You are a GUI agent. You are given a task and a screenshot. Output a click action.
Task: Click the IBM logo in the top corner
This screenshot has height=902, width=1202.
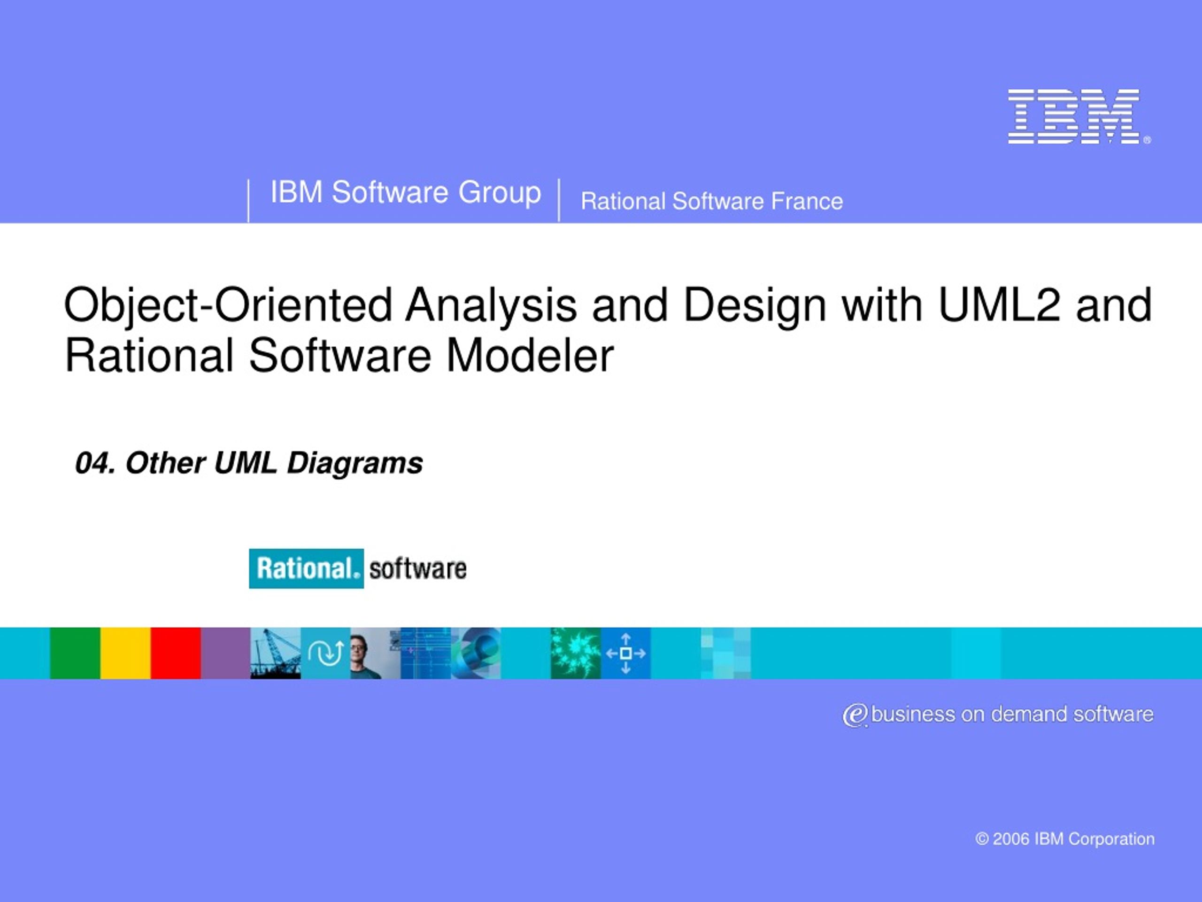pos(1079,117)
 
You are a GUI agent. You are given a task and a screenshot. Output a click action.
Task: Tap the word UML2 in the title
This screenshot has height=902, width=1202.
pos(999,305)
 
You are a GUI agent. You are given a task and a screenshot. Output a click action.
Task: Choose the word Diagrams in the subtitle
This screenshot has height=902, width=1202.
pos(355,464)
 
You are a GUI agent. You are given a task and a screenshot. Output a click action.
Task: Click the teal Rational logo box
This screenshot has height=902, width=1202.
pos(307,568)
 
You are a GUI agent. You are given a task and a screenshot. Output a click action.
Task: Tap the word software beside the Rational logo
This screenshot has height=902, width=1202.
pos(418,569)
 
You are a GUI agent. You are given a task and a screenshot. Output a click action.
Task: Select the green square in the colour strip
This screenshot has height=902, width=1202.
pos(75,653)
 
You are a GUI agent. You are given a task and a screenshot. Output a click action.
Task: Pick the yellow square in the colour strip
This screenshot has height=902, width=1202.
pos(125,653)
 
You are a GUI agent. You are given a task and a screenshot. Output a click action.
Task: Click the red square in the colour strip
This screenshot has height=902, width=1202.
pos(176,653)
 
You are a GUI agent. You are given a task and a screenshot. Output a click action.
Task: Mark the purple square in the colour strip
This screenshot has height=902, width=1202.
pos(225,653)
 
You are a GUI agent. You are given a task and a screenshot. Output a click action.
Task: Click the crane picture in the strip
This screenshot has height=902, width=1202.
pos(276,653)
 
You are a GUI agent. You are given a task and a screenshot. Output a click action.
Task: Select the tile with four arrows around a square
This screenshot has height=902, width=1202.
pos(625,653)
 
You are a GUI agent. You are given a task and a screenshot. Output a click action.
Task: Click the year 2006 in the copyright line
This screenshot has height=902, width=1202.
pos(1011,839)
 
